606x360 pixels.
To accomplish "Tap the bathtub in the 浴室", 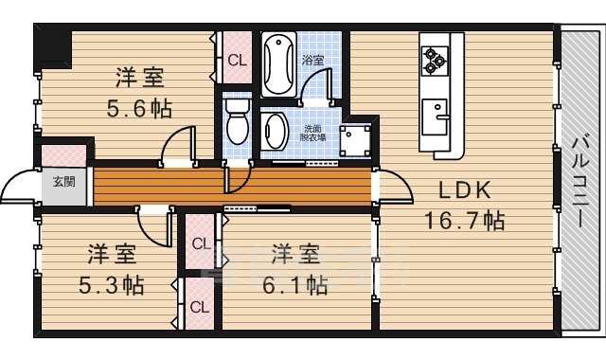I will coord(278,63).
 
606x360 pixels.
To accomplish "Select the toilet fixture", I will coord(238,119).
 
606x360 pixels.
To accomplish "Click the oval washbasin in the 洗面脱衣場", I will coord(276,130).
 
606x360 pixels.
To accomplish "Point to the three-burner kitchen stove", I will coord(434,59).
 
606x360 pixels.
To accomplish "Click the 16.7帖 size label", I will coord(465,222).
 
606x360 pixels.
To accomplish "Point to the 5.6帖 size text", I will coord(138,107).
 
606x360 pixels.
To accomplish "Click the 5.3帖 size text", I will coord(111,284).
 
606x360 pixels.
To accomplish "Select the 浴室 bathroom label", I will coord(312,60).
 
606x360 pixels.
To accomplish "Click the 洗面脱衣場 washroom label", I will coord(313,133).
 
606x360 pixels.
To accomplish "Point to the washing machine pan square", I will coord(356,141).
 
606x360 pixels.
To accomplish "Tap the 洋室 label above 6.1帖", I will coord(294,254).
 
